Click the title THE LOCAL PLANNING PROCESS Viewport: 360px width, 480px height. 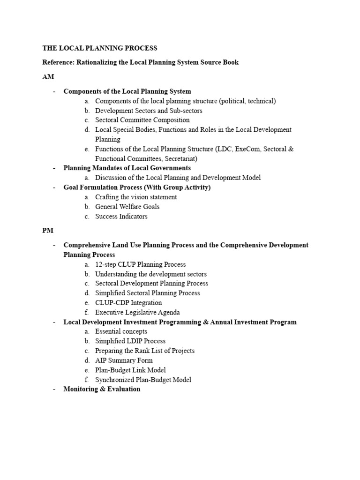[x=100, y=48]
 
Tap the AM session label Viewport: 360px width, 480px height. [x=48, y=77]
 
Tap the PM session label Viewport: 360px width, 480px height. [x=48, y=231]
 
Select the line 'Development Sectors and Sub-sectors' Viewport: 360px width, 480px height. [x=149, y=111]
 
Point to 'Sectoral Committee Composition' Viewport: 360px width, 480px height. [x=142, y=120]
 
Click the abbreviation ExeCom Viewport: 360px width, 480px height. [x=245, y=149]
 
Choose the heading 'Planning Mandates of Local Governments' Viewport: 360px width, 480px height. [x=127, y=168]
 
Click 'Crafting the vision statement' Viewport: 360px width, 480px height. [x=136, y=197]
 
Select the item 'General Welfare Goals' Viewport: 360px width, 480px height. [x=127, y=207]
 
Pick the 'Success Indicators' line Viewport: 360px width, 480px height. [x=121, y=217]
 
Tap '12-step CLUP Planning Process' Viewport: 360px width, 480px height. [x=140, y=264]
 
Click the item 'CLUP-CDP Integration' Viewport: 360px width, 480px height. [x=128, y=303]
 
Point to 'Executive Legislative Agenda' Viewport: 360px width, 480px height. [x=137, y=312]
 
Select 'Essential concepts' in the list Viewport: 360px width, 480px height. [x=121, y=331]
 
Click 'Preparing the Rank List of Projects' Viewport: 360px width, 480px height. [x=144, y=351]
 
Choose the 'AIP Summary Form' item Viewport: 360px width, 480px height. [x=124, y=360]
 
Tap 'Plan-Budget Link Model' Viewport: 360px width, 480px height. [x=130, y=370]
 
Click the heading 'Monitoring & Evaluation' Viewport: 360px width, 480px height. [x=102, y=389]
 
